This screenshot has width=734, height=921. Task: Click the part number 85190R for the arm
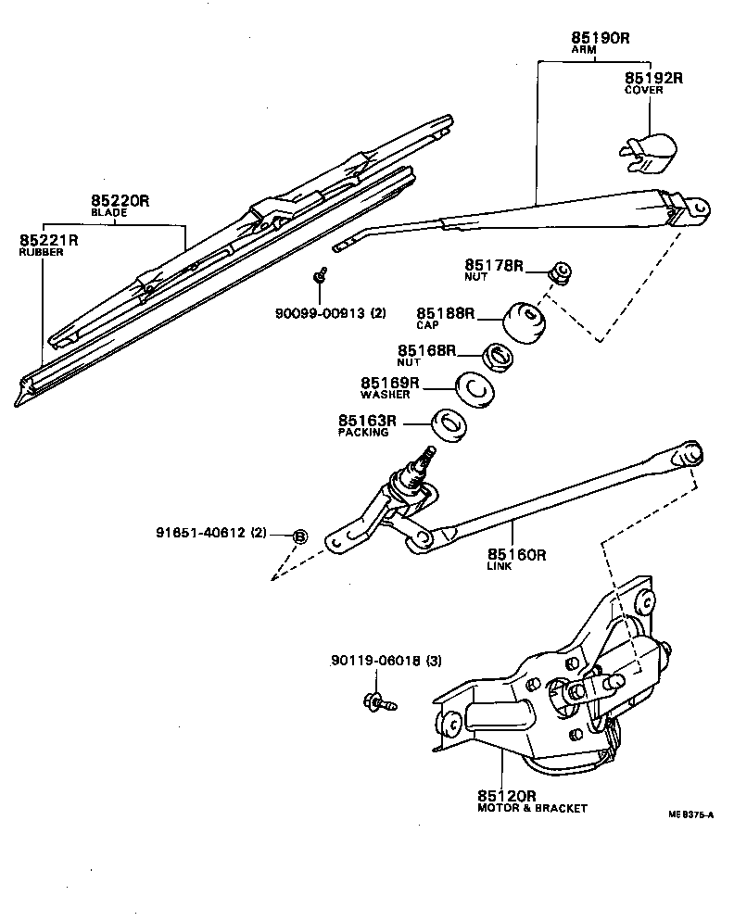click(x=600, y=38)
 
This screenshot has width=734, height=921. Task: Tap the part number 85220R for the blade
click(x=120, y=200)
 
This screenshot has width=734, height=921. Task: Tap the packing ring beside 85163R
click(x=449, y=425)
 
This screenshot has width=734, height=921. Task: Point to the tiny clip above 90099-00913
click(x=320, y=274)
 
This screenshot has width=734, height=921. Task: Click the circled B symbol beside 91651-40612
click(x=299, y=536)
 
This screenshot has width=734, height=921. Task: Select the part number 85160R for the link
click(x=516, y=555)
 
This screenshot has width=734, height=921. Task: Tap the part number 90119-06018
click(x=375, y=662)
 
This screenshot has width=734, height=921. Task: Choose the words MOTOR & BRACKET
click(x=532, y=808)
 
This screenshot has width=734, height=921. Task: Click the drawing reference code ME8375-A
click(x=690, y=814)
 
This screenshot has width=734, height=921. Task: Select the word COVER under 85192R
click(x=644, y=91)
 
